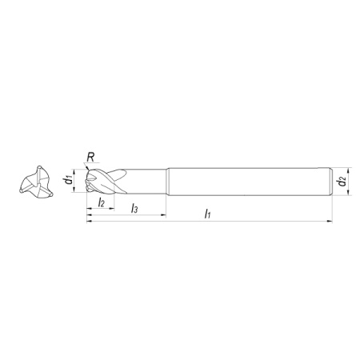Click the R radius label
pos(90,158)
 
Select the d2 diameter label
pos(342,182)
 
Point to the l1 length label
pos(208,214)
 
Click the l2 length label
pos(102,202)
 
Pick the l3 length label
pos(134,208)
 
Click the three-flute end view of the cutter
pos(37,182)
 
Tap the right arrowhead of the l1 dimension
pos(330,221)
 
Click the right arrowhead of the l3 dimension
pos(163,214)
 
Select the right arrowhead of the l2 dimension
pos(111,209)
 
